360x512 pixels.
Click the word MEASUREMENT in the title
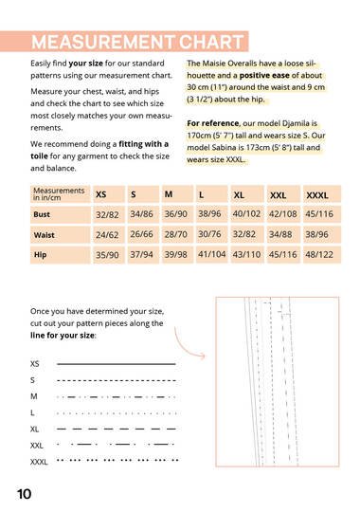coord(103,42)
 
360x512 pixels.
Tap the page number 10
coord(24,494)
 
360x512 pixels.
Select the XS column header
coord(101,194)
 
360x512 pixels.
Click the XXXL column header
coord(317,195)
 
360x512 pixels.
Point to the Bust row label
coord(42,214)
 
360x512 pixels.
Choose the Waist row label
coord(45,235)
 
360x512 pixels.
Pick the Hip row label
coord(40,254)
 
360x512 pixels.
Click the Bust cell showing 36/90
coord(175,214)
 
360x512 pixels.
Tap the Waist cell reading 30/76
coord(209,234)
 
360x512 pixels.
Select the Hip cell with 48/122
coord(319,254)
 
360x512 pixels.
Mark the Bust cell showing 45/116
coord(319,214)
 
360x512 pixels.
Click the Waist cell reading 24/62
coord(107,235)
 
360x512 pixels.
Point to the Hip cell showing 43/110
coord(246,254)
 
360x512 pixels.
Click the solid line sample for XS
coord(117,363)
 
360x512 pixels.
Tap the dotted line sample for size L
coord(117,413)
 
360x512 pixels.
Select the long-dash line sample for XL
coord(117,429)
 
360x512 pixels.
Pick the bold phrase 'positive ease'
coord(264,76)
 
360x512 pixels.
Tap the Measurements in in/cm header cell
coord(59,194)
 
